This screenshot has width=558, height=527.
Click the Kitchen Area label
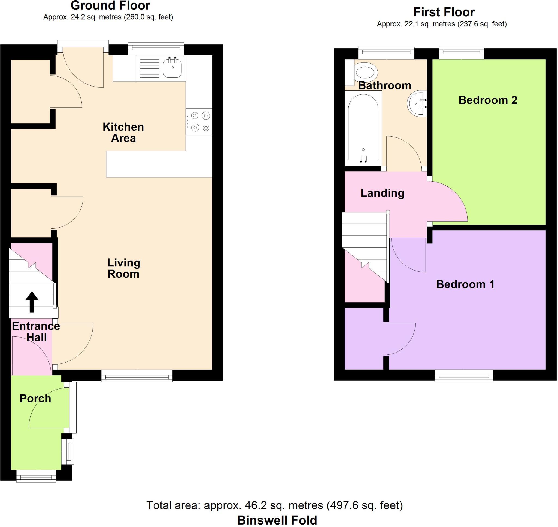[x=123, y=133]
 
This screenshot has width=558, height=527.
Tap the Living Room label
[x=123, y=268]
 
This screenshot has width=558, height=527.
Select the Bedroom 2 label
[x=488, y=100]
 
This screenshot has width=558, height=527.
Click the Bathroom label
[x=384, y=85]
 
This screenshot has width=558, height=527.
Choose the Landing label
[x=382, y=193]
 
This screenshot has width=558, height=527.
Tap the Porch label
[x=35, y=398]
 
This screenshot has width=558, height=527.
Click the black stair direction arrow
[x=32, y=302]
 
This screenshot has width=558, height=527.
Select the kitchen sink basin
[x=172, y=68]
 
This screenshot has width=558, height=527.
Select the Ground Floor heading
[x=110, y=6]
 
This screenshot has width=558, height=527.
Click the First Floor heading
[x=444, y=12]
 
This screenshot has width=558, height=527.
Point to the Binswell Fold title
[x=277, y=520]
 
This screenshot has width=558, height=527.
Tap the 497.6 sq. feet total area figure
[x=364, y=505]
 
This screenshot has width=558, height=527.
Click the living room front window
[x=137, y=376]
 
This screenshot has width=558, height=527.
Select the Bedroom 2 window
[x=461, y=53]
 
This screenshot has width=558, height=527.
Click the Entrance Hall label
[x=36, y=332]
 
